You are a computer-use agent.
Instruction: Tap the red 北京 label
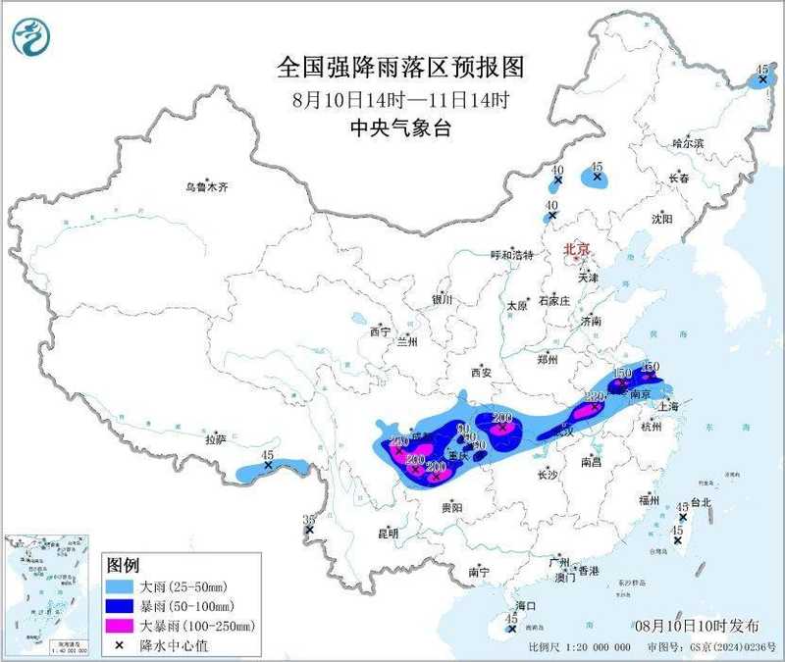pos(576,250)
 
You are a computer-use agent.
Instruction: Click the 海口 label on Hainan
pos(525,607)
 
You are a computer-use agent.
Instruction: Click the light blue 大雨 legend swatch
pos(123,586)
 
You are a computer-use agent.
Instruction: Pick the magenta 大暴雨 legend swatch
pos(123,624)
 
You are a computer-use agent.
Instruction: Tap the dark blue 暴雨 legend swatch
pos(123,605)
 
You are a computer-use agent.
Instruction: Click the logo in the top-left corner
pos(29,35)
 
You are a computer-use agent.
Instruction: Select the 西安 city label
pos(480,372)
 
